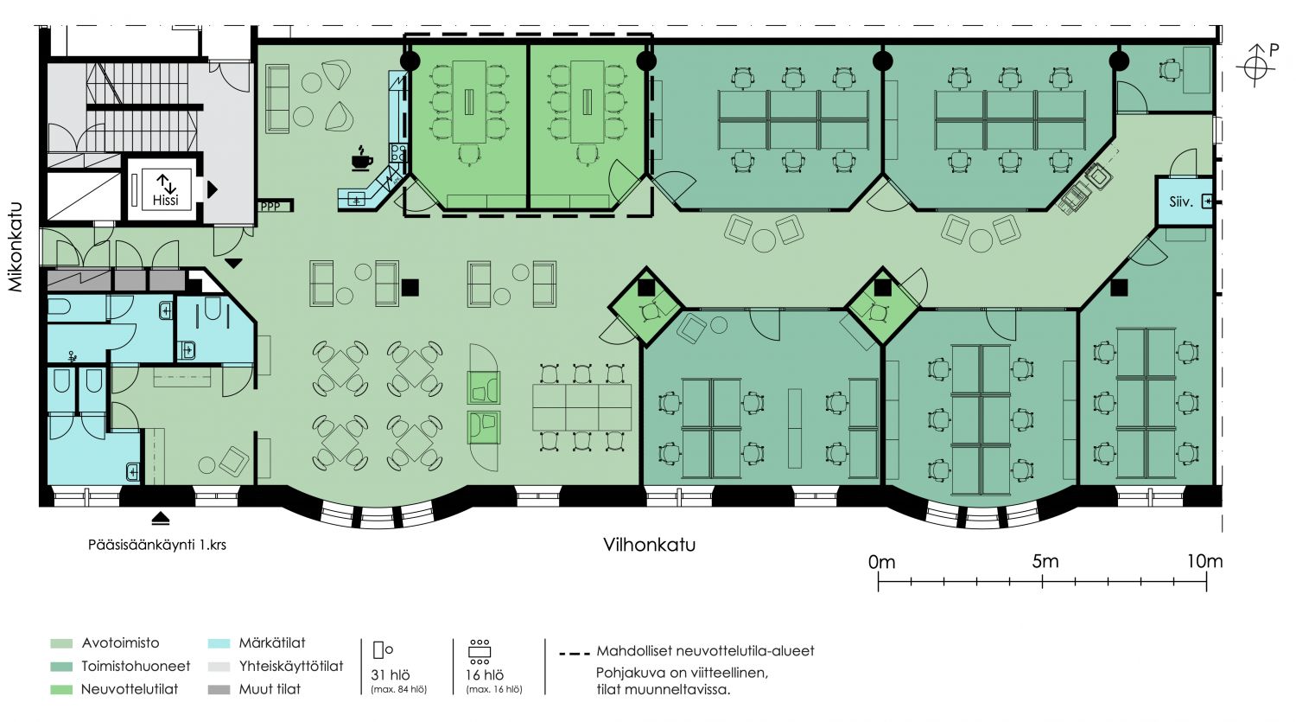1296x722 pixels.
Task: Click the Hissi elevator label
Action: point(166,201)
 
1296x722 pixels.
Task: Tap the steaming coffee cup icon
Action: point(362,158)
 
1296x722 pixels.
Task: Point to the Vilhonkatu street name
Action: point(649,545)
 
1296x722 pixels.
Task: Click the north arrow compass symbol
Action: point(1256,67)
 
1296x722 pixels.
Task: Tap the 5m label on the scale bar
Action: point(1045,561)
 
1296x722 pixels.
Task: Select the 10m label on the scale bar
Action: point(1205,561)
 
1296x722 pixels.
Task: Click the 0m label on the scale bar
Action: point(881,562)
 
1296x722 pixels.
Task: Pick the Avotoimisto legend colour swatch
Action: point(61,643)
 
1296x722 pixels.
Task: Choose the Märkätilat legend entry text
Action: point(272,642)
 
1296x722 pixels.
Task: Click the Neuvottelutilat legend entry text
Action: point(130,689)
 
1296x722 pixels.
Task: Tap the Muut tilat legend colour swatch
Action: point(219,690)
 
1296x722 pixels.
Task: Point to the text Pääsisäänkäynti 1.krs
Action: point(156,545)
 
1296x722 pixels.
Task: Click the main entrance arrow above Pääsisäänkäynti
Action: point(161,518)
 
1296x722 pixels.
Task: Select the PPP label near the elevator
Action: point(270,206)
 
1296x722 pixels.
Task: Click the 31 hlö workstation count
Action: point(390,675)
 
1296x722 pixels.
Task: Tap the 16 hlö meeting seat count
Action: point(484,675)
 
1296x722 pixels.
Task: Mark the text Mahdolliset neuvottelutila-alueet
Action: point(705,651)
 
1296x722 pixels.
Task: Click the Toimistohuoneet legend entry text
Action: point(136,666)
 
